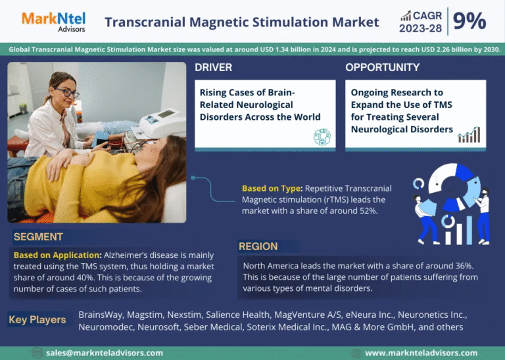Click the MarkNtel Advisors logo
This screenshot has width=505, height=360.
(x=53, y=22)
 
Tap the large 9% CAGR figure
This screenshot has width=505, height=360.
(x=469, y=21)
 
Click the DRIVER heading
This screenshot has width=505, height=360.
(x=213, y=67)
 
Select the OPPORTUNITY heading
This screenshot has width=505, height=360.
(x=382, y=67)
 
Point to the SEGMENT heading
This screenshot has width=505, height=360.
(x=38, y=237)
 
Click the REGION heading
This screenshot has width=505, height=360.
(x=258, y=247)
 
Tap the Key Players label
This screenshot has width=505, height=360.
(x=37, y=320)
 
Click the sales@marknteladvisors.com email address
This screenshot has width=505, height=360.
(x=105, y=353)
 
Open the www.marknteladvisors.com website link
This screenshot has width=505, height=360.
(x=421, y=353)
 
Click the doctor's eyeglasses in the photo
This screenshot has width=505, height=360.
(x=66, y=92)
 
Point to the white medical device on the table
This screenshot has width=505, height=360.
(x=162, y=122)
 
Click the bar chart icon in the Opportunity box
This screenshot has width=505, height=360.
(x=469, y=135)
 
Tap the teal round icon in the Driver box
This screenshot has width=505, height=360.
(x=322, y=137)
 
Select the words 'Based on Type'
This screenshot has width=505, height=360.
(x=272, y=188)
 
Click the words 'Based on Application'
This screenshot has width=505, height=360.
(x=57, y=255)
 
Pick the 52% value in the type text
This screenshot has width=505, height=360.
(x=368, y=211)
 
